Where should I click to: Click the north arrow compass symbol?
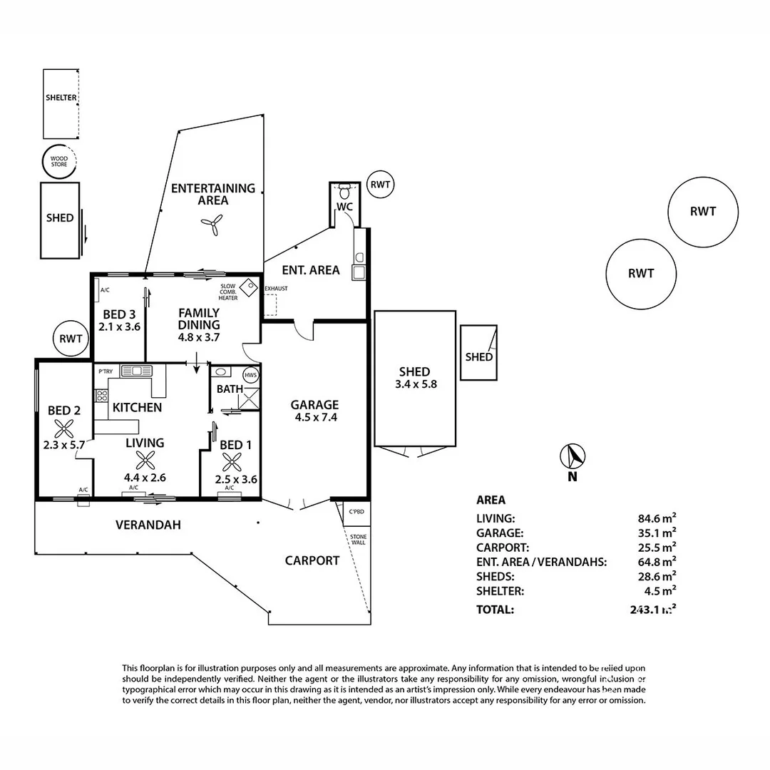tap(573, 455)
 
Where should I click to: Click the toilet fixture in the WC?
tap(344, 192)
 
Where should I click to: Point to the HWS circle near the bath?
tap(250, 375)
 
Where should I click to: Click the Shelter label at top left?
tap(61, 98)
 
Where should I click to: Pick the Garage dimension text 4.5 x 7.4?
tap(314, 418)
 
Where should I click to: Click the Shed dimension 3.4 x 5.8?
tap(415, 384)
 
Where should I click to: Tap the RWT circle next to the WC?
tap(381, 185)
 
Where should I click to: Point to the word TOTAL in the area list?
tap(495, 610)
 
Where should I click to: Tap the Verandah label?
tap(148, 525)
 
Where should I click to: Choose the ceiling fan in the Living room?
tap(145, 461)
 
